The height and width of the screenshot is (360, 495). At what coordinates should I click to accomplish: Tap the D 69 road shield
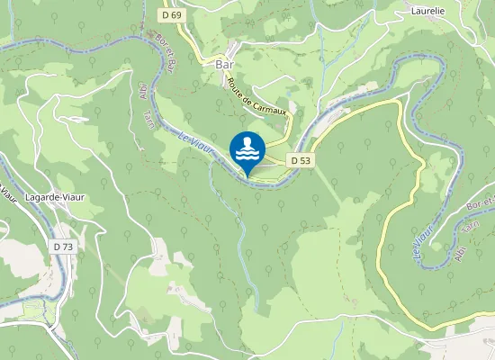tap(173, 14)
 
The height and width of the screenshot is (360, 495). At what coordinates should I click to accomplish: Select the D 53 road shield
tap(301, 160)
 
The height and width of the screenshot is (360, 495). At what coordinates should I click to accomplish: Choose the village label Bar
tap(223, 65)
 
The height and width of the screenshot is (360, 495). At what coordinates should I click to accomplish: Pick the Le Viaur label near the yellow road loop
tap(421, 242)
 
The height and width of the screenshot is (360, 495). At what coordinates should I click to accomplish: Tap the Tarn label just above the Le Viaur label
tap(148, 120)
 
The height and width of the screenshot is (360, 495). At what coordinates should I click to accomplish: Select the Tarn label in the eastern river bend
tap(465, 229)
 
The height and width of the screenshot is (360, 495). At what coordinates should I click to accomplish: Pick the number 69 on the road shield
tap(176, 14)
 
